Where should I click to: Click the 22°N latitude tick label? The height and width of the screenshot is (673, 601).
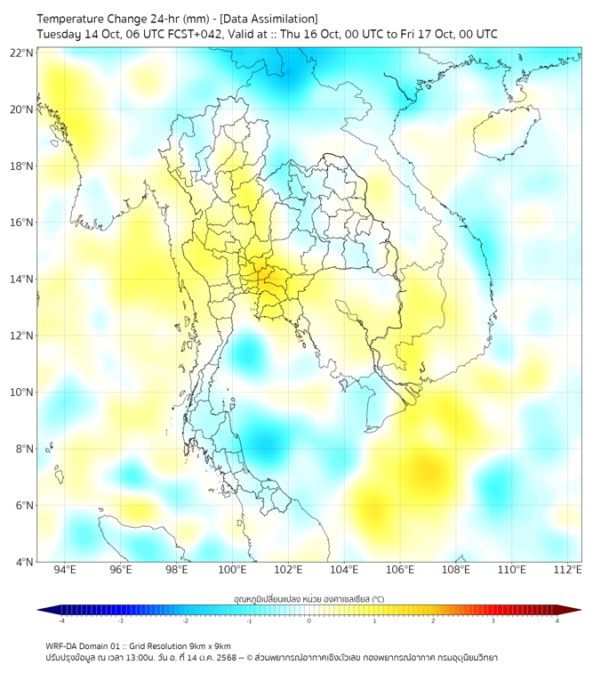click(22, 53)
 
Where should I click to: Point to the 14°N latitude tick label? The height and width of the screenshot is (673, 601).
click(22, 280)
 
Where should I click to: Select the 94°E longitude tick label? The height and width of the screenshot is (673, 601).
click(65, 570)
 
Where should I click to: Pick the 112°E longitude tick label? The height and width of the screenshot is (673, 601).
click(568, 570)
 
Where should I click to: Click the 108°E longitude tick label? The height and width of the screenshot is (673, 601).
click(456, 570)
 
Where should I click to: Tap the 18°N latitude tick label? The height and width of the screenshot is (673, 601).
click(22, 166)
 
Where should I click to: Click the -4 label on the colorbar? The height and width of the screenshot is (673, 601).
click(61, 620)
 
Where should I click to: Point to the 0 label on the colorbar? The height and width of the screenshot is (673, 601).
click(309, 620)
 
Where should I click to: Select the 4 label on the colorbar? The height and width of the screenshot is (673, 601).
click(557, 620)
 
